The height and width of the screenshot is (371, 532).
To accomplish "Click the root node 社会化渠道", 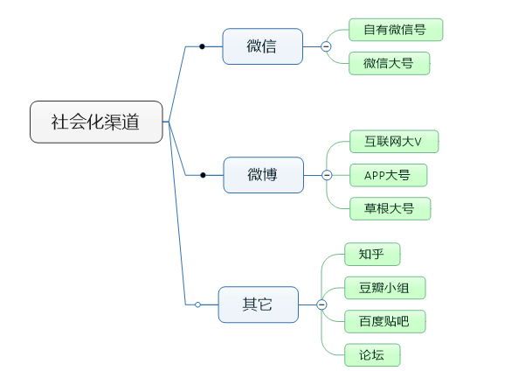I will click(96, 122).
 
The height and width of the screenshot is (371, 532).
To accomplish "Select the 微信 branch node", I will click(262, 46).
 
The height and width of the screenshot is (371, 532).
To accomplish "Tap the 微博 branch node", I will click(263, 175).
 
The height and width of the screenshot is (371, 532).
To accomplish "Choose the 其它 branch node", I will click(258, 304).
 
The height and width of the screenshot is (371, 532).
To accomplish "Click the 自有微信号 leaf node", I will click(396, 30).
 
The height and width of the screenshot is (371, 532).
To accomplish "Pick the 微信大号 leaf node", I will click(389, 63).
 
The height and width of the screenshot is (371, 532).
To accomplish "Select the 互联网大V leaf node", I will click(393, 142).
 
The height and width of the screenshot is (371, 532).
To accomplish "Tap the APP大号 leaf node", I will click(388, 175).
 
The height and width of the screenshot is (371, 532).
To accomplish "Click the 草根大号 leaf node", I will click(389, 208).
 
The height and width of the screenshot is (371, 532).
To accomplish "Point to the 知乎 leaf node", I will click(372, 255).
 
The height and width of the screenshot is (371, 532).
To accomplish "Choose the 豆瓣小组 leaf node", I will click(384, 288).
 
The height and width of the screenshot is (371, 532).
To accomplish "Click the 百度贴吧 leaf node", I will click(384, 321).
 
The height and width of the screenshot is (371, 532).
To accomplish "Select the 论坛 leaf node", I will click(372, 354).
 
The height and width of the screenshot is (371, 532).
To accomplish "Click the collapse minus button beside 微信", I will click(326, 46).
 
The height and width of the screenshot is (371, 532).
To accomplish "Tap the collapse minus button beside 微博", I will click(327, 175).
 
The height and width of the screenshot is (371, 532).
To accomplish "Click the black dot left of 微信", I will click(202, 46).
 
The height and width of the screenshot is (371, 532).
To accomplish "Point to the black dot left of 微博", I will click(203, 175).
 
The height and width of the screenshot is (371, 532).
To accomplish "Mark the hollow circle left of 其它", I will click(198, 304).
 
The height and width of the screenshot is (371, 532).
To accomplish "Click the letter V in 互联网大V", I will click(418, 142).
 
